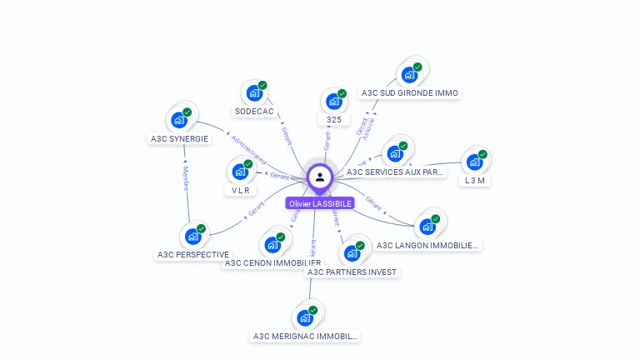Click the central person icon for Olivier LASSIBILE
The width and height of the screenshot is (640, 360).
[320, 177]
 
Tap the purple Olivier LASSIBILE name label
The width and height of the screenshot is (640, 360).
[320, 203]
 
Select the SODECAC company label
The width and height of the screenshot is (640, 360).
[254, 112]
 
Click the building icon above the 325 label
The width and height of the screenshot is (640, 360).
[334, 102]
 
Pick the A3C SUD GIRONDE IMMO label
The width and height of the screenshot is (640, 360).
[410, 93]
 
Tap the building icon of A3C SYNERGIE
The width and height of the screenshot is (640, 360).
[179, 120]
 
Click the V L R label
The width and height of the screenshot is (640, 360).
[241, 190]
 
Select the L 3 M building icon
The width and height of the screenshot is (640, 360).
[474, 162]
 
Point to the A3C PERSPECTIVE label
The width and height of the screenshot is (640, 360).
[193, 254]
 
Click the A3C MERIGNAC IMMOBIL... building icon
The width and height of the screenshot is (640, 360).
[305, 317]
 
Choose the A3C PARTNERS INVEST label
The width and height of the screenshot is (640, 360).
[352, 272]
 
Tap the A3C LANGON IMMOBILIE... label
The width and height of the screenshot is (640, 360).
[428, 245]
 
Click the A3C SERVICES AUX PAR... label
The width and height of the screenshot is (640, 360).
[396, 172]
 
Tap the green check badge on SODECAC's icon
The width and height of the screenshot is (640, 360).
[262, 86]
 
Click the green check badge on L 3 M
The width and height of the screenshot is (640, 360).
[482, 154]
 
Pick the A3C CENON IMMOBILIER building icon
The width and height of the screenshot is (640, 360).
[272, 245]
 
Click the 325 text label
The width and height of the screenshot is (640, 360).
[334, 120]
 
